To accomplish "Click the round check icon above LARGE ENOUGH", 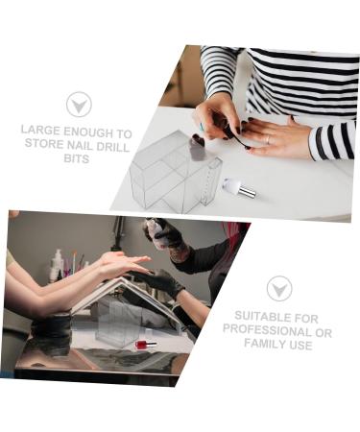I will pyautogui.click(x=79, y=104).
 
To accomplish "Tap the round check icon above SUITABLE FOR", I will pyautogui.click(x=278, y=287).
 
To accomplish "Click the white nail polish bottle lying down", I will pyautogui.click(x=239, y=187).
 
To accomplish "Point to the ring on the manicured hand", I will pyautogui.click(x=267, y=140).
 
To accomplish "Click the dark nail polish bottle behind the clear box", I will pyautogui.click(x=198, y=147).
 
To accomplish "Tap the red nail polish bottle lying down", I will pyautogui.click(x=145, y=343).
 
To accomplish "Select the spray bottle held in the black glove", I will pyautogui.click(x=154, y=230).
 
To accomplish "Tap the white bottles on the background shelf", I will pyautogui.click(x=59, y=263).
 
